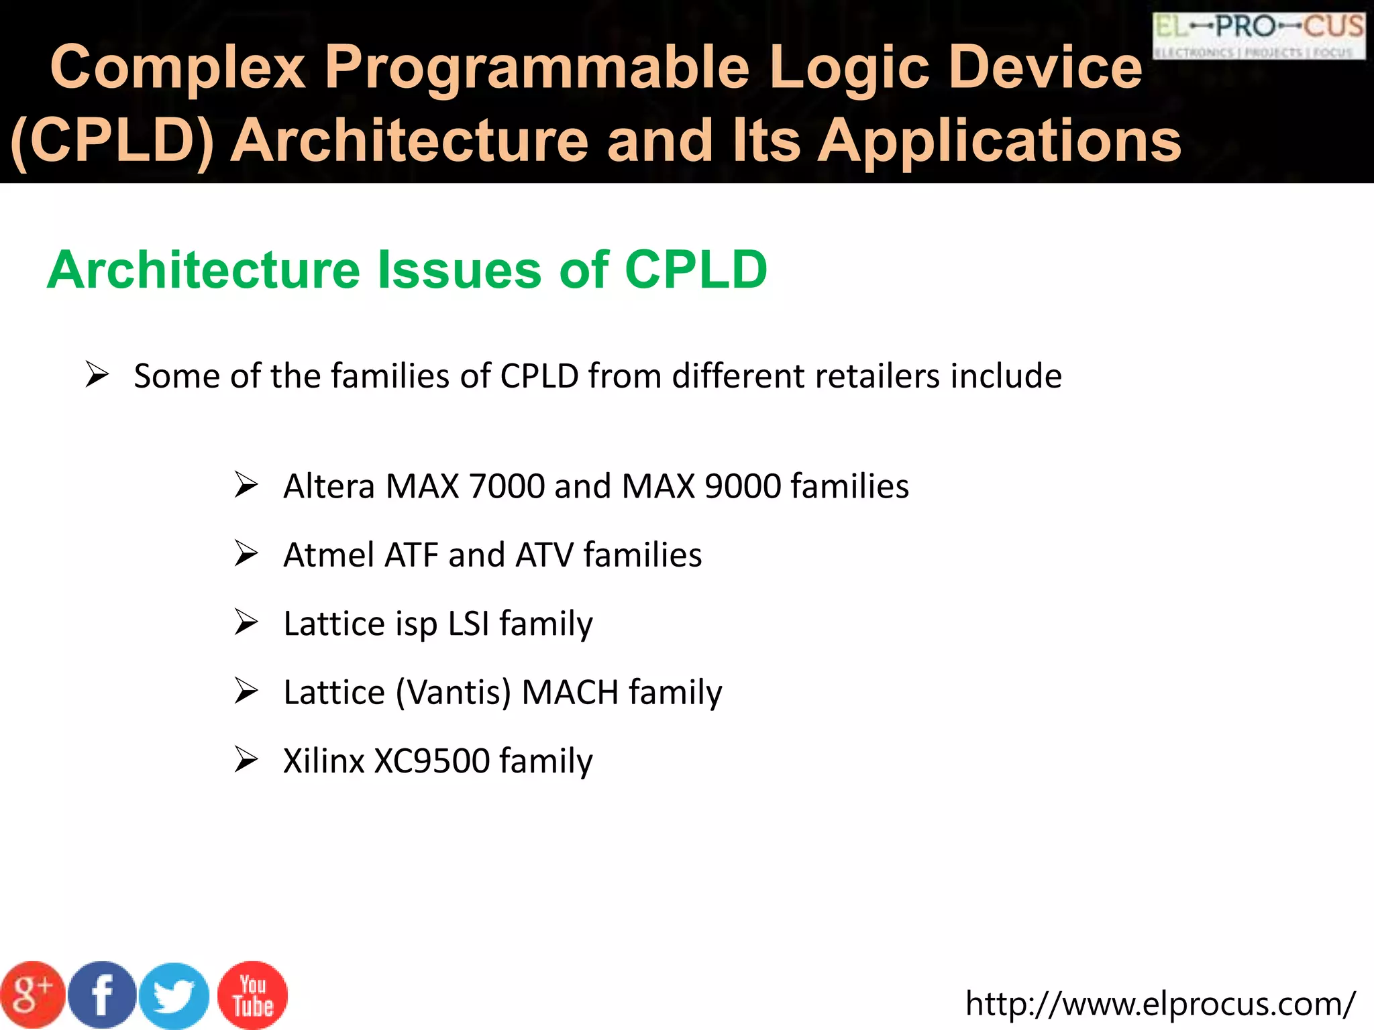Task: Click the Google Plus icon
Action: pos(32,995)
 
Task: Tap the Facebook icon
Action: pos(102,995)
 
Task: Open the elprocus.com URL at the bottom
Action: pos(1160,1004)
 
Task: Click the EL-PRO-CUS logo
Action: pos(1259,35)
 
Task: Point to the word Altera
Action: pos(329,486)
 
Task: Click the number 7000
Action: pos(507,486)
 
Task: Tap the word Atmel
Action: pos(329,555)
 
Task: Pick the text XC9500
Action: pos(431,761)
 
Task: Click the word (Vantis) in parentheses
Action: pos(454,693)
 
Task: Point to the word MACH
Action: pos(570,693)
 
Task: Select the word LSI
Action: pos(468,624)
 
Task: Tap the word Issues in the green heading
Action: pos(460,270)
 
